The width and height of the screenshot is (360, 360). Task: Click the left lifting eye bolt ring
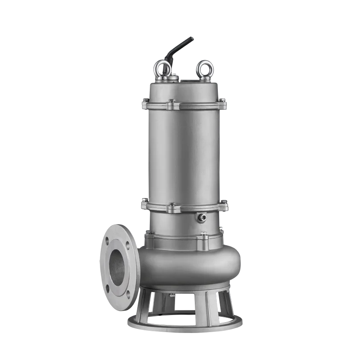162,68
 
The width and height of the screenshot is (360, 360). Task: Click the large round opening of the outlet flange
117,269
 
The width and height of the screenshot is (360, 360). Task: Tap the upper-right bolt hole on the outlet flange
127,246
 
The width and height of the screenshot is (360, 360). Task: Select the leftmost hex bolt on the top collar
144,101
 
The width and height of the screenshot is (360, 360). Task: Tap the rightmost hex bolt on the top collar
222,100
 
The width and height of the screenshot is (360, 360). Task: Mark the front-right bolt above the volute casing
203,235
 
